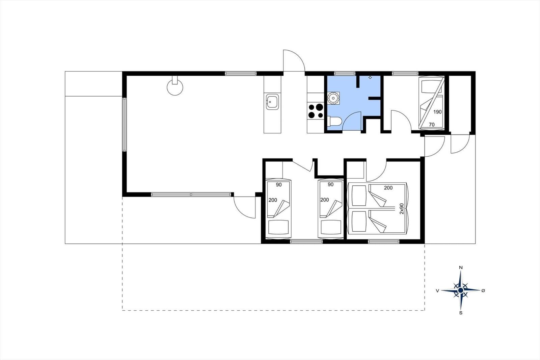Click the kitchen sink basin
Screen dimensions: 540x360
pyautogui.click(x=272, y=102)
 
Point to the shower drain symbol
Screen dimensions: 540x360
pyautogui.click(x=370, y=77)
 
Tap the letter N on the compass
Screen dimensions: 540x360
pyautogui.click(x=461, y=267)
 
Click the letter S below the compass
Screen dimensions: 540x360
pyautogui.click(x=461, y=313)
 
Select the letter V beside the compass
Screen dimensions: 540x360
pyautogui.click(x=437, y=291)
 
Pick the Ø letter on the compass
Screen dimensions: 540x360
pyautogui.click(x=483, y=290)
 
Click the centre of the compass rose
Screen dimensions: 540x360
pyautogui.click(x=460, y=290)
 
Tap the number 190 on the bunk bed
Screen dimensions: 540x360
pyautogui.click(x=437, y=112)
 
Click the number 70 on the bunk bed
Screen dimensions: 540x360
pyautogui.click(x=432, y=125)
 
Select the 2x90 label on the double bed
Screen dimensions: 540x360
pyautogui.click(x=401, y=209)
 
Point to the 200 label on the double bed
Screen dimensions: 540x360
pyautogui.click(x=388, y=188)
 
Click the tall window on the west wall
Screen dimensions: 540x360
pyautogui.click(x=125, y=125)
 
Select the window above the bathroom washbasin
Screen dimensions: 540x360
pyautogui.click(x=345, y=73)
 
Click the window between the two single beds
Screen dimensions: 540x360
pyautogui.click(x=306, y=241)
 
